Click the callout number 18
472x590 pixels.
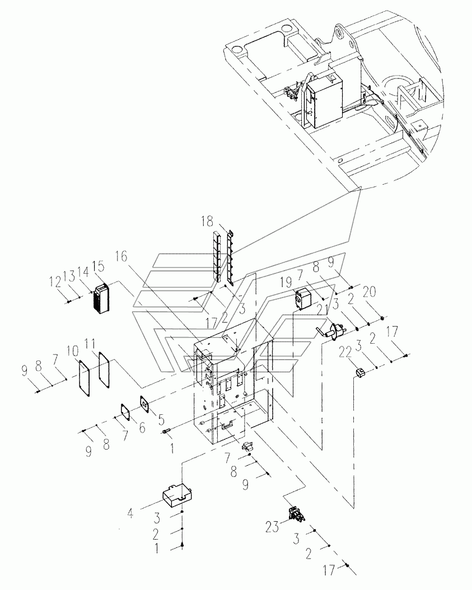[x=207, y=221]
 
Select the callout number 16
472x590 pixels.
[x=121, y=257]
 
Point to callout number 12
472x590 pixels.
[x=55, y=282]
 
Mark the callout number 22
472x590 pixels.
[x=345, y=353]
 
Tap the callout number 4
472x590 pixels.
[x=130, y=513]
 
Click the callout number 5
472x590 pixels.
[x=161, y=418]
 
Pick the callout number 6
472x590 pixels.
[x=142, y=427]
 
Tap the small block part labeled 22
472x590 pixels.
[x=360, y=372]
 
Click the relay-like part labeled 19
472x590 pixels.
[x=302, y=298]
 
